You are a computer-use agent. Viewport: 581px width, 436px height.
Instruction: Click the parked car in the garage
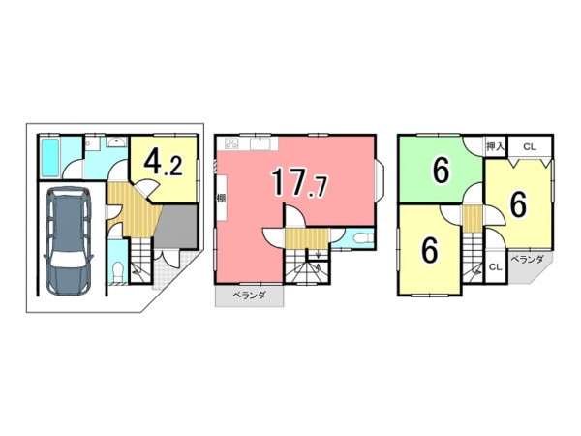point(68,241)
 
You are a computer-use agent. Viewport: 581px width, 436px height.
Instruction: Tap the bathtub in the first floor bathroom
point(50,158)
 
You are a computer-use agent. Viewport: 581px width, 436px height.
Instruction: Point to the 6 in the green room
point(442,171)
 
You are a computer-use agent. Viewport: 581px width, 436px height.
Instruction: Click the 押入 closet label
point(496,146)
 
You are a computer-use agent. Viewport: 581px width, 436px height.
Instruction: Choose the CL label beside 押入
point(530,147)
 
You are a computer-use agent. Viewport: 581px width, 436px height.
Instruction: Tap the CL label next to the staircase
point(496,267)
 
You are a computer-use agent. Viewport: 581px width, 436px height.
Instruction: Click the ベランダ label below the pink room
point(250,296)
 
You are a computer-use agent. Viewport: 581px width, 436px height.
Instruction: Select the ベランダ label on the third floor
point(528,259)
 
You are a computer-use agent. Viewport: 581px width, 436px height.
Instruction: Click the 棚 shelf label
point(221,198)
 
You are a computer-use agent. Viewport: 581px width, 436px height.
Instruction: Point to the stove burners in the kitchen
point(231,143)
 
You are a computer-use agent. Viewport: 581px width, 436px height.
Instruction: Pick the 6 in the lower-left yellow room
point(430,250)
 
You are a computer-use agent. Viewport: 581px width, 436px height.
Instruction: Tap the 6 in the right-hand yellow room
point(518,205)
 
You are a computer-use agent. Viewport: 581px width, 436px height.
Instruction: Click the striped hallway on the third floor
point(473,218)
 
